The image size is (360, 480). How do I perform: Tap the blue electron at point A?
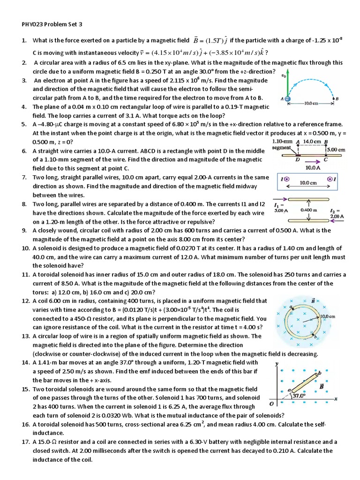(287, 99)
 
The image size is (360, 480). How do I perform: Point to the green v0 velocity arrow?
(287, 84)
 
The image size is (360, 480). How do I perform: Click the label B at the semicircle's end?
(336, 99)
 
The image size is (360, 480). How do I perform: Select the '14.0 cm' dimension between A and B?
(312, 141)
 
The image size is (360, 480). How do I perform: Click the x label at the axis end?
(336, 398)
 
